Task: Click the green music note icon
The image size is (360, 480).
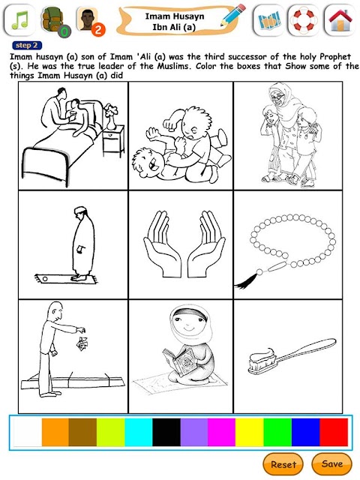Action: point(19,20)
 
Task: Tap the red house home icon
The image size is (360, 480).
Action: point(340,20)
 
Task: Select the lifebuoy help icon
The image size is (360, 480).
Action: point(304,20)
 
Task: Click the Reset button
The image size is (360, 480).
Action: point(283,464)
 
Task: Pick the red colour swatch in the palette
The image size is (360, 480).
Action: point(334,432)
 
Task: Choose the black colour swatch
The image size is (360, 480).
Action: point(166,432)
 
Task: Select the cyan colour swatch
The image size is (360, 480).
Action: point(139,432)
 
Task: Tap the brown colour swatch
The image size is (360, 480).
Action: point(82,432)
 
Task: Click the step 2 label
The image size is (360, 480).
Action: point(27,46)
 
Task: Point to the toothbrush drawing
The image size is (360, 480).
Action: point(292,357)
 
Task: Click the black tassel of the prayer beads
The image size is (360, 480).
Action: point(247,282)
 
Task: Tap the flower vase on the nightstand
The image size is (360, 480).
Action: point(110,117)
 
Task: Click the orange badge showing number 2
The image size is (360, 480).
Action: point(98,30)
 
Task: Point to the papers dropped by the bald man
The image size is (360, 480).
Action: point(82,343)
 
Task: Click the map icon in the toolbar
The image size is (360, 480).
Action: point(268,20)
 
